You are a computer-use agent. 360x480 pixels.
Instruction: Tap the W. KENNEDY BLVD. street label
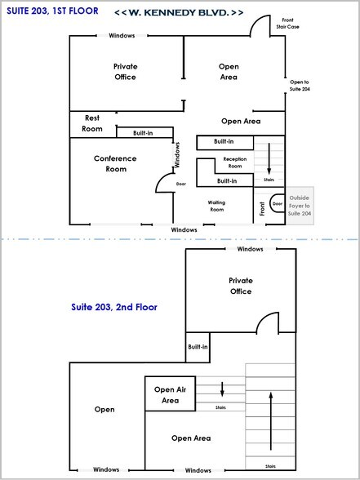[178, 14]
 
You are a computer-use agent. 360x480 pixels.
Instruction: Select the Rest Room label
[93, 123]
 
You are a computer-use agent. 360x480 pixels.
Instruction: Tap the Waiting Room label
[216, 206]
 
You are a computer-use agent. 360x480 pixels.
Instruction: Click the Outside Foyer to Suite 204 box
[300, 203]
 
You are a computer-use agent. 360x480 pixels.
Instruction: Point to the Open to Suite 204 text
[300, 86]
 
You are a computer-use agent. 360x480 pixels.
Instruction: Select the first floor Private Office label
[125, 71]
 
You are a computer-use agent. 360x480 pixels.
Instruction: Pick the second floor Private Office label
[241, 286]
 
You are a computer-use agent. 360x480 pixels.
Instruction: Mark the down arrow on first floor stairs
[269, 157]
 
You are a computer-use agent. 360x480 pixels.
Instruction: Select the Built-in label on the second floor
[198, 347]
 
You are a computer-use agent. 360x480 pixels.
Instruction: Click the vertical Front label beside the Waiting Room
[262, 209]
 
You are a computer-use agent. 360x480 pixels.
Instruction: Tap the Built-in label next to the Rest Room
[136, 132]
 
